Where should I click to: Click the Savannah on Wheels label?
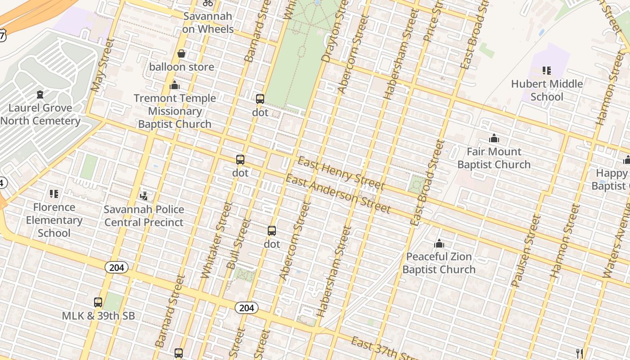[x=208, y=22]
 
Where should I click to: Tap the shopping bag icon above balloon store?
[x=181, y=54]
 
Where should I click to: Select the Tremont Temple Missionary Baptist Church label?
[x=175, y=111]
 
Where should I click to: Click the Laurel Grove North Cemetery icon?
[x=40, y=94]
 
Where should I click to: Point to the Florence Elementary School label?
[x=54, y=220]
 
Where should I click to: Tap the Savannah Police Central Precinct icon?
[x=144, y=196]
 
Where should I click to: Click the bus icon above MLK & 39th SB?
[x=98, y=302]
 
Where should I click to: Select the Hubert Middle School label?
[x=547, y=90]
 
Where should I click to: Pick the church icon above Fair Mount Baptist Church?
[x=494, y=138]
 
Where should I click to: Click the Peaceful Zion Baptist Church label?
[x=439, y=263]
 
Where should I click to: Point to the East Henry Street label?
[x=341, y=174]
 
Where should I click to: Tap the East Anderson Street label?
[x=338, y=194]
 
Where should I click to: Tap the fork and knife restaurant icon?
[x=580, y=353]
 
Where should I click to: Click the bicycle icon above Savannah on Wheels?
[x=208, y=2]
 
